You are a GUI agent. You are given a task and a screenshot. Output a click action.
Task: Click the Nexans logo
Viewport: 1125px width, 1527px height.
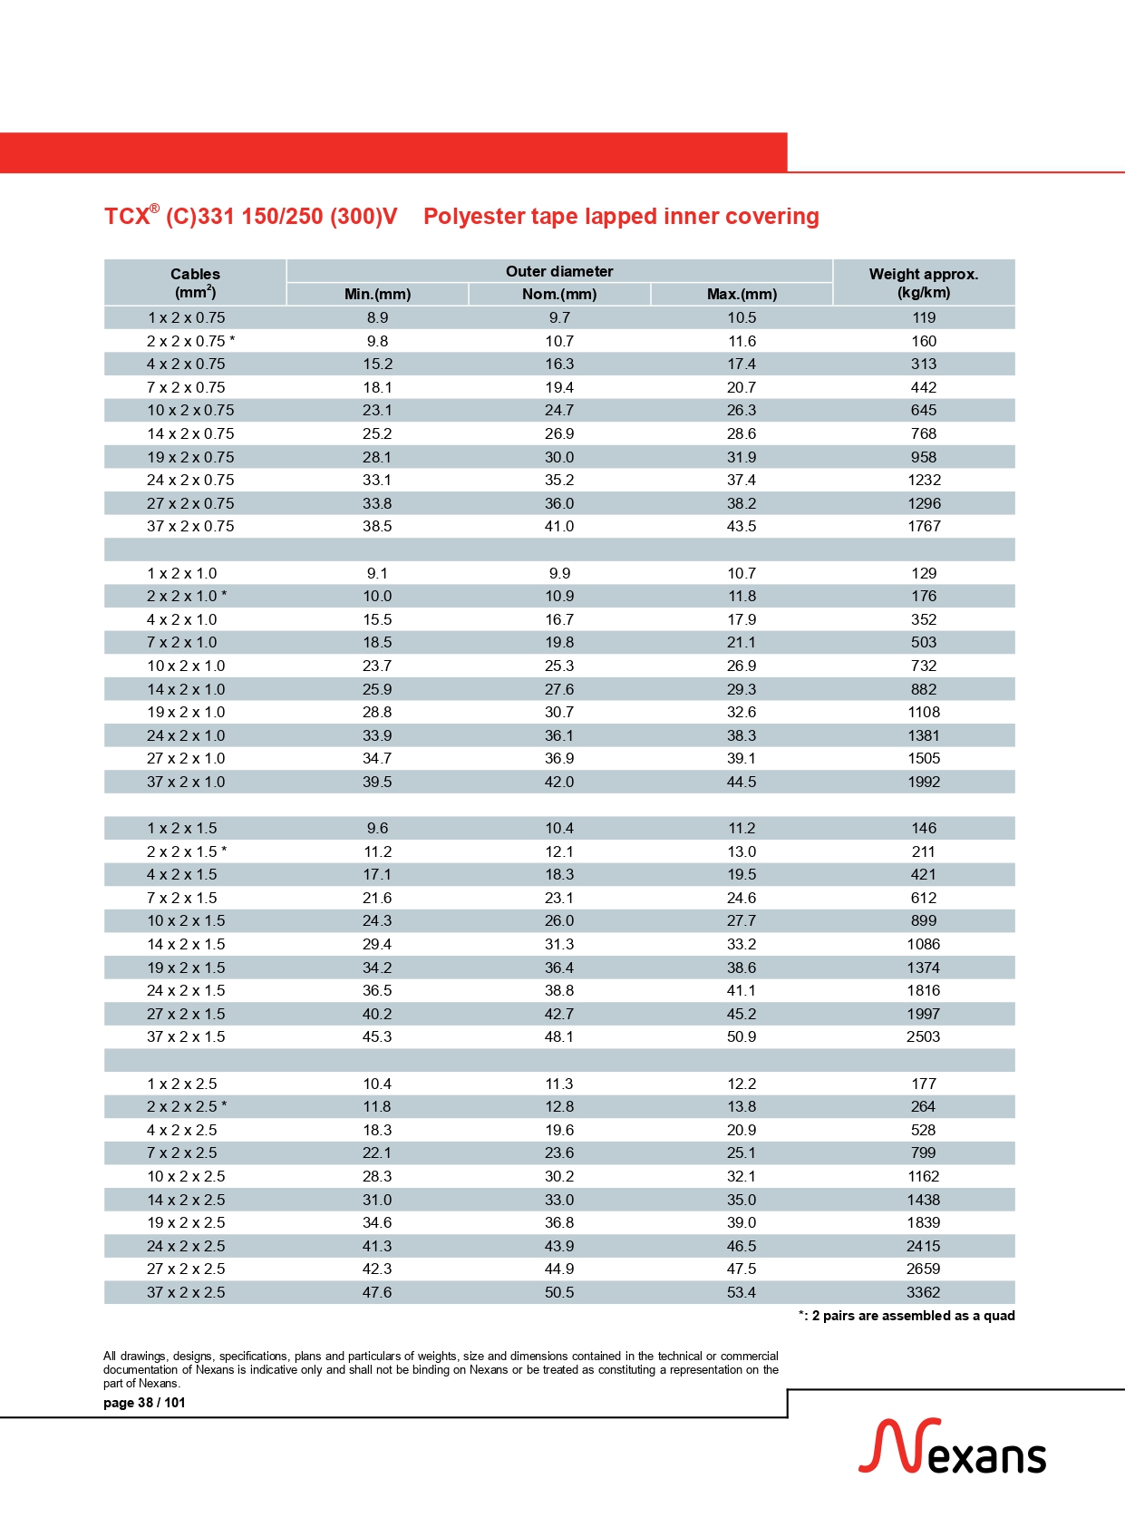coord(952,1447)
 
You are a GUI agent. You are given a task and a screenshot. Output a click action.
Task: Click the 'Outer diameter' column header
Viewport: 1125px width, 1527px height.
coord(559,271)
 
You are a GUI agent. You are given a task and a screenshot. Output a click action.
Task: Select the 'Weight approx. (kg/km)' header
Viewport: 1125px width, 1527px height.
coord(923,283)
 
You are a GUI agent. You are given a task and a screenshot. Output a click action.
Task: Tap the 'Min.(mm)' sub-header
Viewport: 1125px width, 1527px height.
coord(377,294)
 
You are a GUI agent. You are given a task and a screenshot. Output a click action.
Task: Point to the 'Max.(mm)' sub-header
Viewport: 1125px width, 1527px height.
coord(742,294)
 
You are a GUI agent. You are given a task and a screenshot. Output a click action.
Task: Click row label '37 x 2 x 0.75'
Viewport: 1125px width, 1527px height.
coord(190,526)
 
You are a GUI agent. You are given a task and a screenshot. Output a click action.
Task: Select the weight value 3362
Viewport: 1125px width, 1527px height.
coord(923,1292)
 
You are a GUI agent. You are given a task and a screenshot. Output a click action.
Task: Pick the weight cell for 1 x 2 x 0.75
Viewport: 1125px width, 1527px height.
coord(924,317)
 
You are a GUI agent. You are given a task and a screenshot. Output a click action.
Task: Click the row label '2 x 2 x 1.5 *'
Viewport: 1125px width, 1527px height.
coord(187,851)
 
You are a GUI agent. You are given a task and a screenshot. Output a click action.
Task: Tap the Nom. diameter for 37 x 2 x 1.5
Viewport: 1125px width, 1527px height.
coord(559,1036)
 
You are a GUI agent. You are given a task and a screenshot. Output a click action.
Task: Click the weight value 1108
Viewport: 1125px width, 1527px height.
coord(924,712)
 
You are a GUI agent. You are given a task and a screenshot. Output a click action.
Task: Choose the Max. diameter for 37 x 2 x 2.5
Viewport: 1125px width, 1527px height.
coord(742,1292)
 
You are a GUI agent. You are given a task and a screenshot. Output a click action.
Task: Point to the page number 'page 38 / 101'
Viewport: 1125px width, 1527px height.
coord(144,1403)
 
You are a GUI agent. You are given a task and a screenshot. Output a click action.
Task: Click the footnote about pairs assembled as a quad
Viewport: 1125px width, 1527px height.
coord(907,1316)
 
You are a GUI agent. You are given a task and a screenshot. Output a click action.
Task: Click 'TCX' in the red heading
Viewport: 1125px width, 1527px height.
coord(126,217)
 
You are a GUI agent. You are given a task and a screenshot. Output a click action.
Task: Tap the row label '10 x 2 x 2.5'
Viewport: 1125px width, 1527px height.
coord(186,1176)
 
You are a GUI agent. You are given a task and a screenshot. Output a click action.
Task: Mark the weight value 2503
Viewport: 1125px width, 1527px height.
coord(923,1036)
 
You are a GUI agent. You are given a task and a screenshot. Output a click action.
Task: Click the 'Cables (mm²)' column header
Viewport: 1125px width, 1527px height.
coord(195,283)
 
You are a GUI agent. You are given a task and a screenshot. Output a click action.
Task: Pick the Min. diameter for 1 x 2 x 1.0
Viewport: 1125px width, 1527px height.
coord(377,573)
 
